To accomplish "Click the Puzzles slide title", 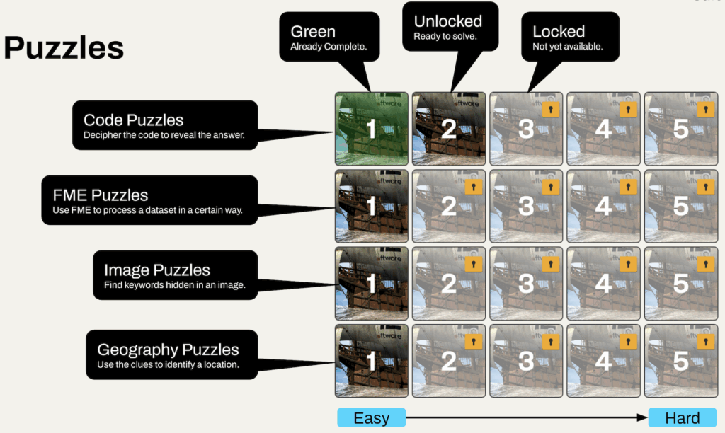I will click(x=64, y=48).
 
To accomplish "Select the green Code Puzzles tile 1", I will click(x=371, y=129).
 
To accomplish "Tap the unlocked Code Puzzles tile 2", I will click(x=449, y=129).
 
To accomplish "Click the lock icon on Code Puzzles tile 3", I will click(x=549, y=110).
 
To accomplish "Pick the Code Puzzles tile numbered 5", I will click(x=680, y=129).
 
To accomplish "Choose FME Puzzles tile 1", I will click(x=371, y=207).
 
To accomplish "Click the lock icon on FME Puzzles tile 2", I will click(x=472, y=187).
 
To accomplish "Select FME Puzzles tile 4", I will click(x=603, y=207).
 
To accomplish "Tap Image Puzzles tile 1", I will click(x=371, y=284).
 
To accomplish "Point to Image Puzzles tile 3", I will click(x=526, y=284).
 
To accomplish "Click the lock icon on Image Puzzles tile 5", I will click(x=704, y=264).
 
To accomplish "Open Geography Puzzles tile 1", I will click(x=371, y=361).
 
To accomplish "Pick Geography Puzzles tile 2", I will click(x=449, y=361).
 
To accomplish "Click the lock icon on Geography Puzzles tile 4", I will click(x=627, y=341).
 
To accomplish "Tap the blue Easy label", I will click(x=371, y=417).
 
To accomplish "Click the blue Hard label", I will click(x=682, y=417).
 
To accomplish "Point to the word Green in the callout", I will click(x=312, y=32).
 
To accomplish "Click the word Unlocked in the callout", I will click(x=447, y=21).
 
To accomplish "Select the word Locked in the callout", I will click(x=559, y=32).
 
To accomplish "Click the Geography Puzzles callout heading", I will click(x=168, y=350).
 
